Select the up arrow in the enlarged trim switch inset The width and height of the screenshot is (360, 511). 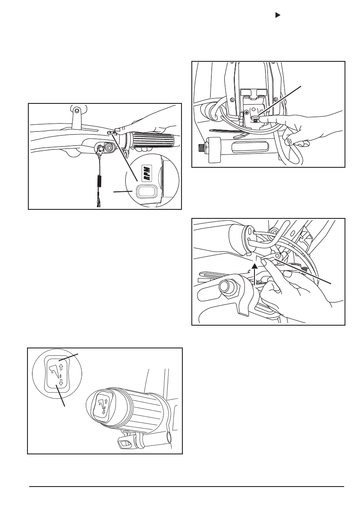61,367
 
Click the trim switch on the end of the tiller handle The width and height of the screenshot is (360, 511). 103,404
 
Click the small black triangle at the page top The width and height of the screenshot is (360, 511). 278,15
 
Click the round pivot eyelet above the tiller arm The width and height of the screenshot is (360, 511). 76,110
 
